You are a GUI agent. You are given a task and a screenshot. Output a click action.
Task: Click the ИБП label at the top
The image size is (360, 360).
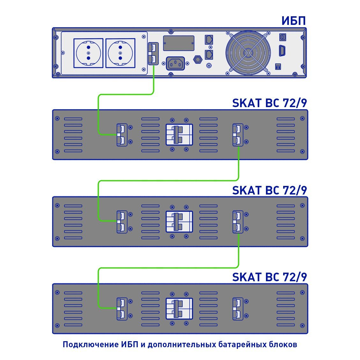pos(293,21)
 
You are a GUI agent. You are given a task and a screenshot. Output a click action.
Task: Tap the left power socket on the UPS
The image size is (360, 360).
pos(88,53)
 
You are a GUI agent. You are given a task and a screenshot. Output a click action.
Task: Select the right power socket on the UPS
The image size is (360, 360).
pos(120,53)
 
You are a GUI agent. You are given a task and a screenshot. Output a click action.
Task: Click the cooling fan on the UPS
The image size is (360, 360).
pos(248,53)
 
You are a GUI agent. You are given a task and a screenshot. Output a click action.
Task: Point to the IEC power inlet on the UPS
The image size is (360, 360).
pos(175,63)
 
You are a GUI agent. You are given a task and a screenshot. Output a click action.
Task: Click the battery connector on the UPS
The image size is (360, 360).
pos(153,54)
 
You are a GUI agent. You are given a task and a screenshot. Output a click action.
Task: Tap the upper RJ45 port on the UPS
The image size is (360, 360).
pos(209,40)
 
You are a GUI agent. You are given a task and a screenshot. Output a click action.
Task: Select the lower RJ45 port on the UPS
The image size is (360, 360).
pos(209,55)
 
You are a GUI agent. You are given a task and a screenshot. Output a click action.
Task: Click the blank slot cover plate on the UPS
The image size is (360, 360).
pos(179,43)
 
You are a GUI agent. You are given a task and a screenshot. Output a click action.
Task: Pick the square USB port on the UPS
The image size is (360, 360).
pos(283,37)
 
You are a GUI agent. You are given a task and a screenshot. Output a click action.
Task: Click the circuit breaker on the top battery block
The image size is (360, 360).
pos(179,135)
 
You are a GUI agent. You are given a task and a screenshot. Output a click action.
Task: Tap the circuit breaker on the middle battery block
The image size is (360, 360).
pos(179,222)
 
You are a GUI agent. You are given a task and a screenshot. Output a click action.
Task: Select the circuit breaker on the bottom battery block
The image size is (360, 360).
pos(179,309)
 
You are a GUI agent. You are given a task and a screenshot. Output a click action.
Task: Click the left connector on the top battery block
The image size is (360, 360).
pos(122,135)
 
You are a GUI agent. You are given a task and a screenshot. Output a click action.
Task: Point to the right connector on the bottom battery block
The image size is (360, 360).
pos(238,309)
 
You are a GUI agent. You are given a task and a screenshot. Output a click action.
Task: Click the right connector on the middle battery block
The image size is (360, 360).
pos(238,222)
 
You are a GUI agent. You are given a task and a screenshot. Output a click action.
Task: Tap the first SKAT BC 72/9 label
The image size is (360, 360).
pos(269,103)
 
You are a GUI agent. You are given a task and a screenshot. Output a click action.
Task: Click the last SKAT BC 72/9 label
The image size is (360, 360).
pos(269,277)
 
